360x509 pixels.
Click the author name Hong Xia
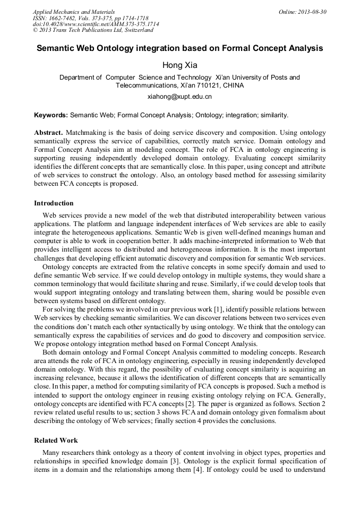pos(179,65)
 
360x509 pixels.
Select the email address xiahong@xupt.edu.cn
pos(179,97)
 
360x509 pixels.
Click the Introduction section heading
pos(54,203)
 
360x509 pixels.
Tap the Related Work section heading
pos(56,441)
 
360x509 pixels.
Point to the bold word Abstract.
pos(48,132)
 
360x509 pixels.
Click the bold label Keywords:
pos(51,115)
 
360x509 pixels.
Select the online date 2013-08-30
pos(313,11)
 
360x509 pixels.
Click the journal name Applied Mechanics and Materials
pos(74,11)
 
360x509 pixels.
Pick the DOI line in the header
pos(96,24)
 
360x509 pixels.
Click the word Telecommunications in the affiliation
pos(147,85)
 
